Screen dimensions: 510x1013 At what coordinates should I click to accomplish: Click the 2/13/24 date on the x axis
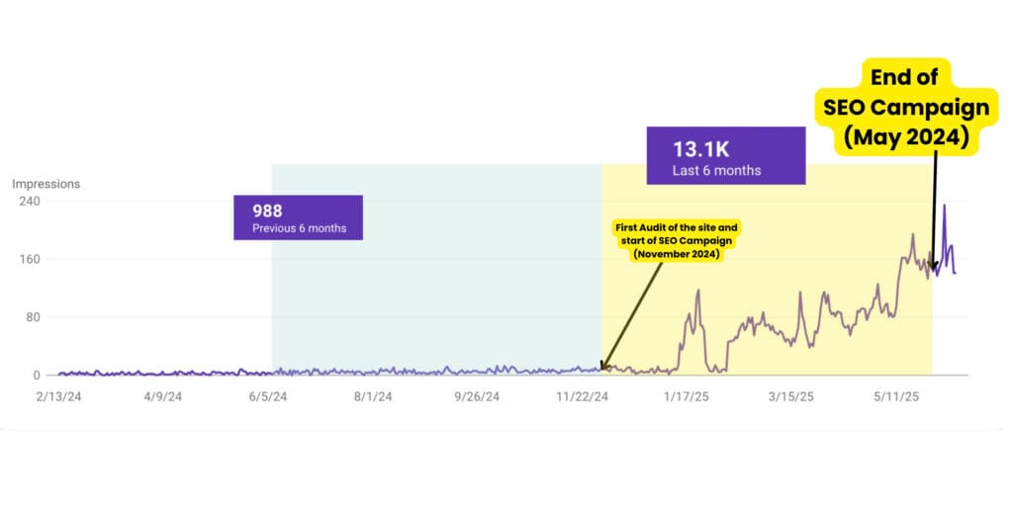(58, 397)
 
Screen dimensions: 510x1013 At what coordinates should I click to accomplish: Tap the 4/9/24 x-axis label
(162, 397)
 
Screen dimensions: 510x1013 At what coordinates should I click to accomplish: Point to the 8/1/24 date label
(372, 397)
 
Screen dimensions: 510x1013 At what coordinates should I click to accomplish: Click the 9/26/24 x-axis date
(477, 397)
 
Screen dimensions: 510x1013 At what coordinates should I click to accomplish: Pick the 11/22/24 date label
(583, 397)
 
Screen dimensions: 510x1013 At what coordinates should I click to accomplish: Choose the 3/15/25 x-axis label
(791, 397)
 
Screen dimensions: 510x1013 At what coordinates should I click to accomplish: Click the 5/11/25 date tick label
(896, 397)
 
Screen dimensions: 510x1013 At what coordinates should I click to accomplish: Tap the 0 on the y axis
(36, 376)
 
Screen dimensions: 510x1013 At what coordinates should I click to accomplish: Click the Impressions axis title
(46, 184)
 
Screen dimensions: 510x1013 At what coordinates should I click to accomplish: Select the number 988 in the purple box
(267, 211)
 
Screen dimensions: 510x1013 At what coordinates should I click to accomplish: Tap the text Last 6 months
(716, 170)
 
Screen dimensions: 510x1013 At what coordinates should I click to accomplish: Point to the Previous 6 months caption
(299, 228)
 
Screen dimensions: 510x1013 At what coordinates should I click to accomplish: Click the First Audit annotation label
(677, 240)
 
